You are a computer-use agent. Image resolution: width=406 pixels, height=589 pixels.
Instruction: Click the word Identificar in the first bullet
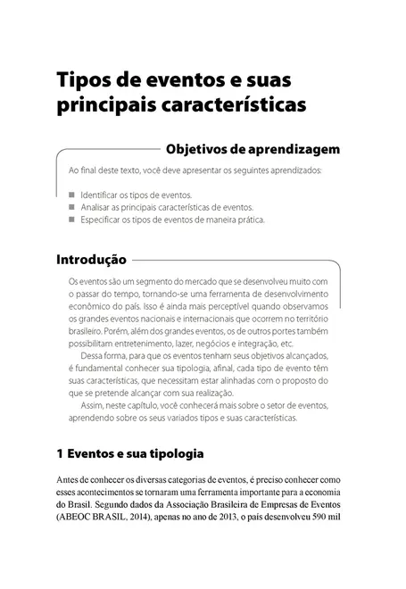103,194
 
